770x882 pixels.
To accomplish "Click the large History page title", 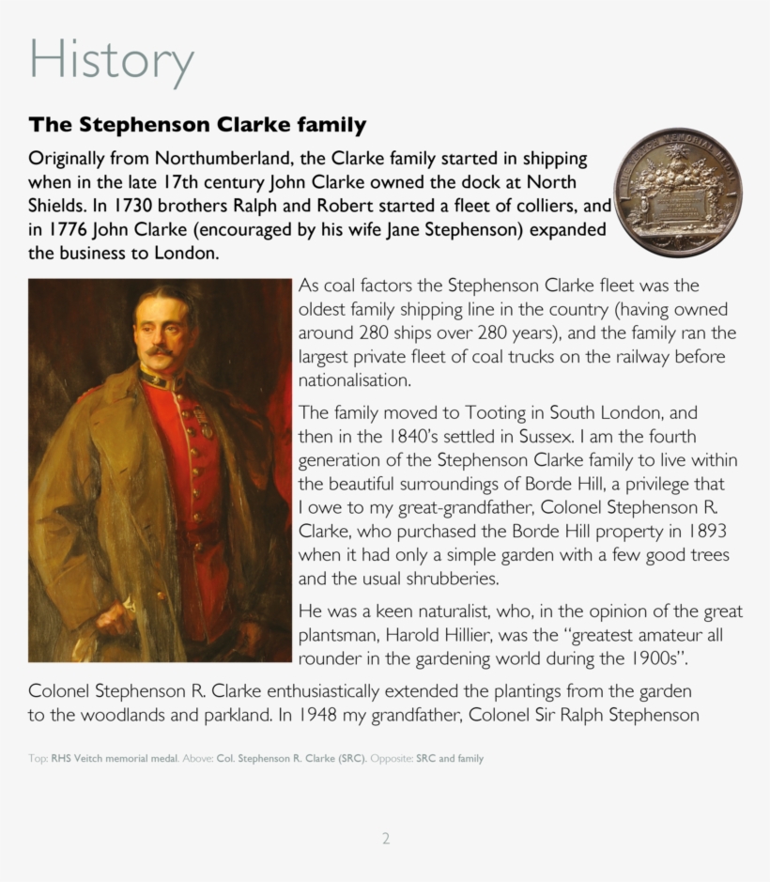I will tap(111, 59).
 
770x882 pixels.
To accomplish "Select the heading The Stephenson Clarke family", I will tap(197, 125).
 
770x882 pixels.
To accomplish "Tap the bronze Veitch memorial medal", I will tap(677, 193).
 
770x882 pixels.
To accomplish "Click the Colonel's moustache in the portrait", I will tap(160, 352).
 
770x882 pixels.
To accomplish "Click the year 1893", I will tap(704, 531).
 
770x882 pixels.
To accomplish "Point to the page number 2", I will tap(385, 839).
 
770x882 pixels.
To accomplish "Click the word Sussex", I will tap(537, 436).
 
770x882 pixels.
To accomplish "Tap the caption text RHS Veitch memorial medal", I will tap(114, 759).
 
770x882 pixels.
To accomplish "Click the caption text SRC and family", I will tap(450, 759).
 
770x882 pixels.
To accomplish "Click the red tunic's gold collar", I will tap(160, 380).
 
